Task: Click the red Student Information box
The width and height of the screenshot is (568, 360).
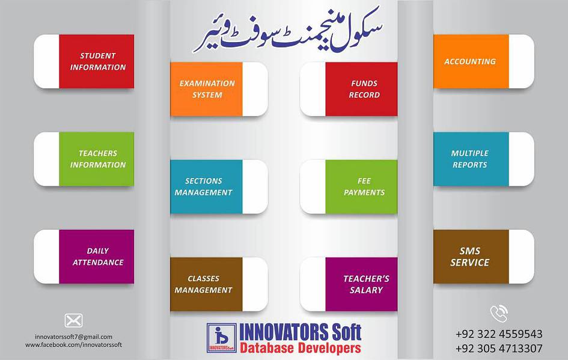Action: click(x=97, y=61)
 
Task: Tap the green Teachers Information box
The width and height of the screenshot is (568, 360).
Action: click(x=97, y=159)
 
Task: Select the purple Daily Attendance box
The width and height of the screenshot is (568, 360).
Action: click(x=97, y=257)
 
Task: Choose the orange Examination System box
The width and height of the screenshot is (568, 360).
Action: click(x=207, y=89)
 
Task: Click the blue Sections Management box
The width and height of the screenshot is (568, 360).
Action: click(x=207, y=187)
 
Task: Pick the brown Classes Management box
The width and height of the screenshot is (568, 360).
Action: click(x=207, y=284)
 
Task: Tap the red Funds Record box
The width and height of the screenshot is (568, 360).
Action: click(x=361, y=89)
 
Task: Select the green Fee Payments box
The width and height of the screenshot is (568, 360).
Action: click(x=361, y=187)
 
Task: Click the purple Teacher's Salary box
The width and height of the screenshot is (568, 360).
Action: click(x=361, y=284)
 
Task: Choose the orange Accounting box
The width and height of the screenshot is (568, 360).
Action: click(x=471, y=61)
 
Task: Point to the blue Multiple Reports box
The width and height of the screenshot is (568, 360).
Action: click(x=471, y=159)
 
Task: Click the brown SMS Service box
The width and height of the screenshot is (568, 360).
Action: click(x=471, y=257)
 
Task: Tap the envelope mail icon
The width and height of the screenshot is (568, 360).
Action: click(x=73, y=320)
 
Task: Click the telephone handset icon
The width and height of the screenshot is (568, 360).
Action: click(x=498, y=313)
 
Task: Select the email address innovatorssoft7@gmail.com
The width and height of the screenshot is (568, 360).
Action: click(x=73, y=337)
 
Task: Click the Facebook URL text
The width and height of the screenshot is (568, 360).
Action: click(x=73, y=345)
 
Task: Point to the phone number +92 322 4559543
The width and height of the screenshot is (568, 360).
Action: click(x=498, y=334)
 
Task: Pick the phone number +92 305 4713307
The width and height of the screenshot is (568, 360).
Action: click(x=498, y=349)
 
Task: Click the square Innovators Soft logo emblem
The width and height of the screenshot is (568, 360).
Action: click(x=221, y=338)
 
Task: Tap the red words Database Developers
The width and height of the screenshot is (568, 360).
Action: click(x=300, y=348)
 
